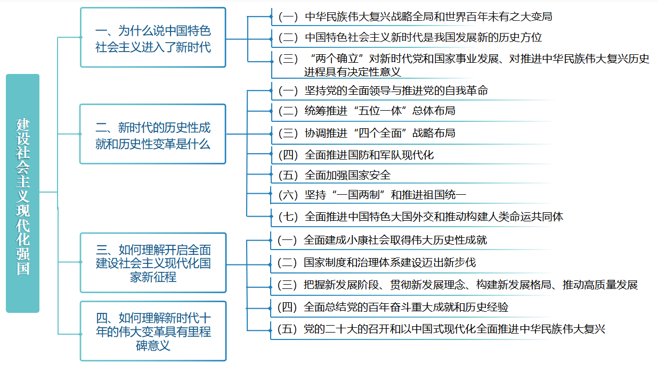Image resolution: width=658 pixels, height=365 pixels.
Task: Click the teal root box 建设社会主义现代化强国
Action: pos(22,193)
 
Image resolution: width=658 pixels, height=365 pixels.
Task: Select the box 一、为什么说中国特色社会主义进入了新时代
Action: pos(153,38)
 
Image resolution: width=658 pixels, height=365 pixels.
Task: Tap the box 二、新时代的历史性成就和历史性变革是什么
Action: pos(153,135)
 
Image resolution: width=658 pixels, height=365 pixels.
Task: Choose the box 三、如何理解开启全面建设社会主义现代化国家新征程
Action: pos(153,263)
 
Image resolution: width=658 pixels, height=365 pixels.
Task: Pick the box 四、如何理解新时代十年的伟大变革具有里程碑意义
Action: pos(153,331)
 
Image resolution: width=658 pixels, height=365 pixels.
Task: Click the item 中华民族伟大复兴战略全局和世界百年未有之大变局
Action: pos(416,16)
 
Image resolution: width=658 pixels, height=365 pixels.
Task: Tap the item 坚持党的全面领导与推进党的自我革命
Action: pos(384,90)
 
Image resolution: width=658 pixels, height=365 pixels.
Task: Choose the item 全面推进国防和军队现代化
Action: pos(357,155)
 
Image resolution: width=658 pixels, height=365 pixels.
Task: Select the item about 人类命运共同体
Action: pos(421,217)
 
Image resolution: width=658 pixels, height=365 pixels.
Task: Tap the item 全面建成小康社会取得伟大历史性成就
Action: pos(383,240)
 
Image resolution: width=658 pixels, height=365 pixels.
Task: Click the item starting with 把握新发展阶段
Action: pos(458,285)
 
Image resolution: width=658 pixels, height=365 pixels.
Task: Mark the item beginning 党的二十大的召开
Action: pos(442,329)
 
